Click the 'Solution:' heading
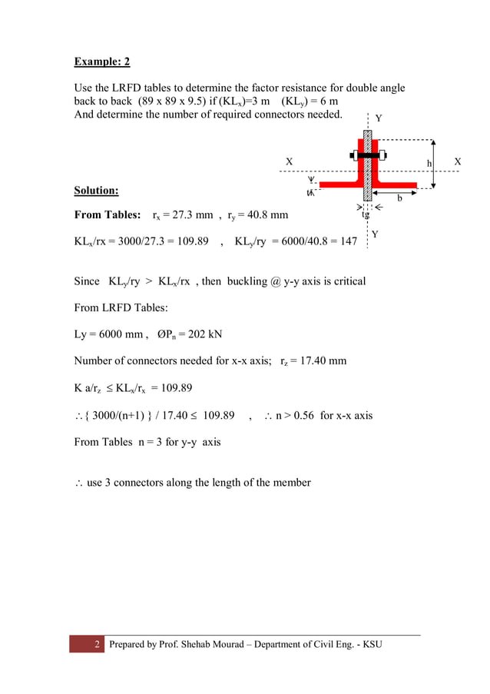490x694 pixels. point(96,191)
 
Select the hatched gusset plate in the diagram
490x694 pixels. point(367,169)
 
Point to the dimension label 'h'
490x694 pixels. point(430,164)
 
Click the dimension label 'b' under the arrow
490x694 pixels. point(399,199)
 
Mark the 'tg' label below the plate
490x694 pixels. point(366,215)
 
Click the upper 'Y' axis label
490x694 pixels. point(378,118)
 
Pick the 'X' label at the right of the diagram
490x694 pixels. point(458,161)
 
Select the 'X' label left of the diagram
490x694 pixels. point(290,162)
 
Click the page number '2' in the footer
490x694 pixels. point(98,644)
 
